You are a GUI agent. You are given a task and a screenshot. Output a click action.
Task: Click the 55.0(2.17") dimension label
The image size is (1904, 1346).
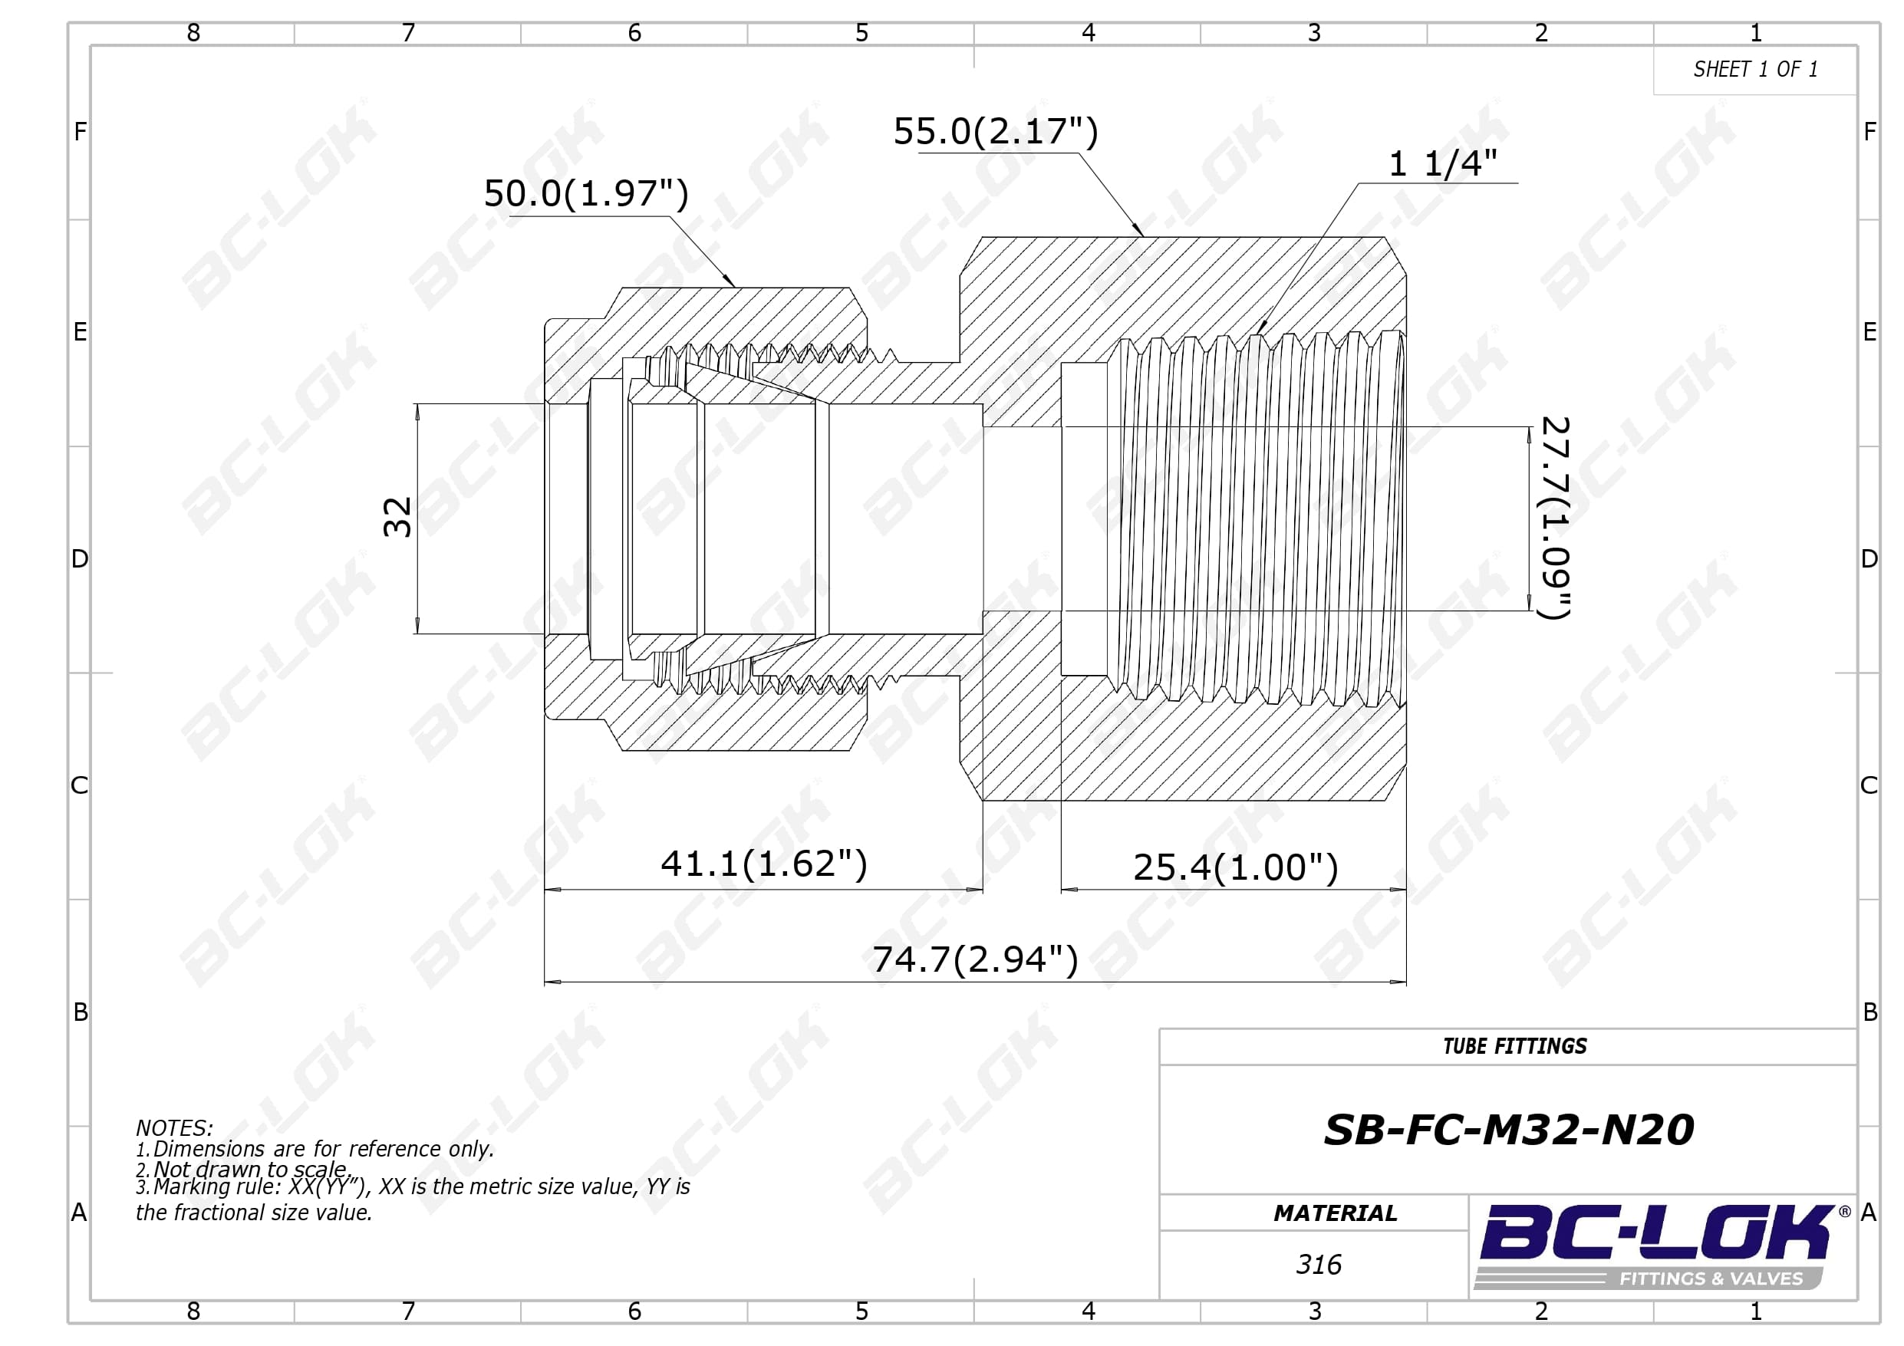pos(995,131)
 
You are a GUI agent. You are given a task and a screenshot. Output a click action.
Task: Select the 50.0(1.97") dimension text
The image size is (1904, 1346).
pos(586,193)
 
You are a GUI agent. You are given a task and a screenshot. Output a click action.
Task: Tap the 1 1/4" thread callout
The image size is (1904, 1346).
pos(1443,163)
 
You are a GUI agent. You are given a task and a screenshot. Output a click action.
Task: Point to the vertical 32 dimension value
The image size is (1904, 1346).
pos(398,518)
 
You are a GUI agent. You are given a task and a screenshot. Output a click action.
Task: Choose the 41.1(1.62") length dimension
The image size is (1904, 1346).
pos(764,864)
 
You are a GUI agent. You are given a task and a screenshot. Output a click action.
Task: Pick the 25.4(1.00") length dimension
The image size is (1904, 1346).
pos(1236,867)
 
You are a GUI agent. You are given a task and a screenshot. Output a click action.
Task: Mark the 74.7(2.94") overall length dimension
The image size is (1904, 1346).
pos(975,959)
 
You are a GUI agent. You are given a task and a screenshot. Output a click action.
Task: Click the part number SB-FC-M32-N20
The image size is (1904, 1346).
pos(1508,1130)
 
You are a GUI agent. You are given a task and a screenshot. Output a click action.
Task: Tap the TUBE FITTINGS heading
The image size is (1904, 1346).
pos(1514,1047)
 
